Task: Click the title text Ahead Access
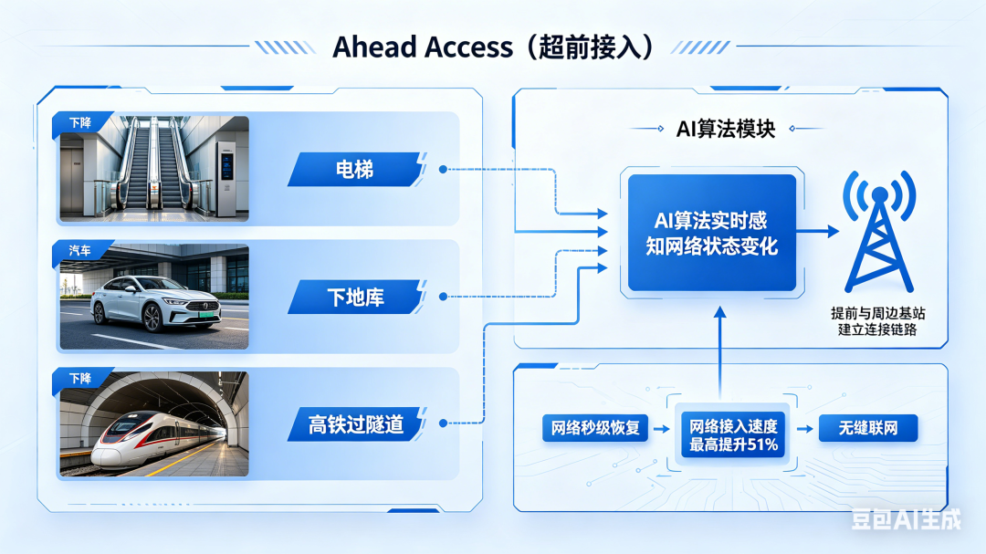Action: pos(422,47)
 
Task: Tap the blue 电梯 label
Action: pos(354,169)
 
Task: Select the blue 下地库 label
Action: pos(354,297)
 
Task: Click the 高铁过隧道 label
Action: pos(355,424)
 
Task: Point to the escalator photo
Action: pos(153,170)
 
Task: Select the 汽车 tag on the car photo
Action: pos(80,250)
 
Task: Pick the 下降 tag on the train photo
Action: pos(80,378)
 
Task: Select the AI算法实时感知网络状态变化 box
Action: pos(711,233)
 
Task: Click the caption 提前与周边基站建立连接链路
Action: pos(877,321)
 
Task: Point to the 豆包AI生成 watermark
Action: pos(906,519)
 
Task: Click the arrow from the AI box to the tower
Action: pos(818,233)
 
